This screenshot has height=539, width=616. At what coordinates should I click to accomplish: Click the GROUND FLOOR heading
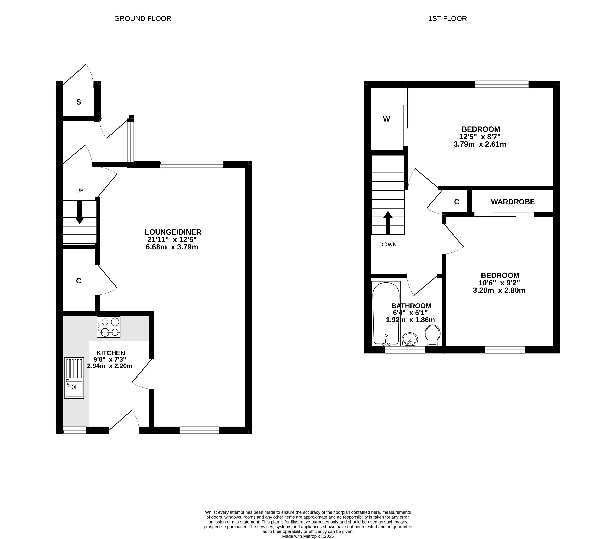click(143, 19)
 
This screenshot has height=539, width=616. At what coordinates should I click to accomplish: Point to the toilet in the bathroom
click(432, 335)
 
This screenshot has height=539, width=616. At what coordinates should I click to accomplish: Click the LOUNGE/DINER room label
click(173, 232)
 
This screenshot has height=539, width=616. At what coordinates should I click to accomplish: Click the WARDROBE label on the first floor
click(513, 202)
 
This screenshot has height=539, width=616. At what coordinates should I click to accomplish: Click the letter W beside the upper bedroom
click(386, 119)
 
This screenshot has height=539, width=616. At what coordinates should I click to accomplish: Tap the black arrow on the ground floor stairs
click(79, 212)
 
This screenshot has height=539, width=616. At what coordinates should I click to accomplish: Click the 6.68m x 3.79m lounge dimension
click(172, 247)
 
